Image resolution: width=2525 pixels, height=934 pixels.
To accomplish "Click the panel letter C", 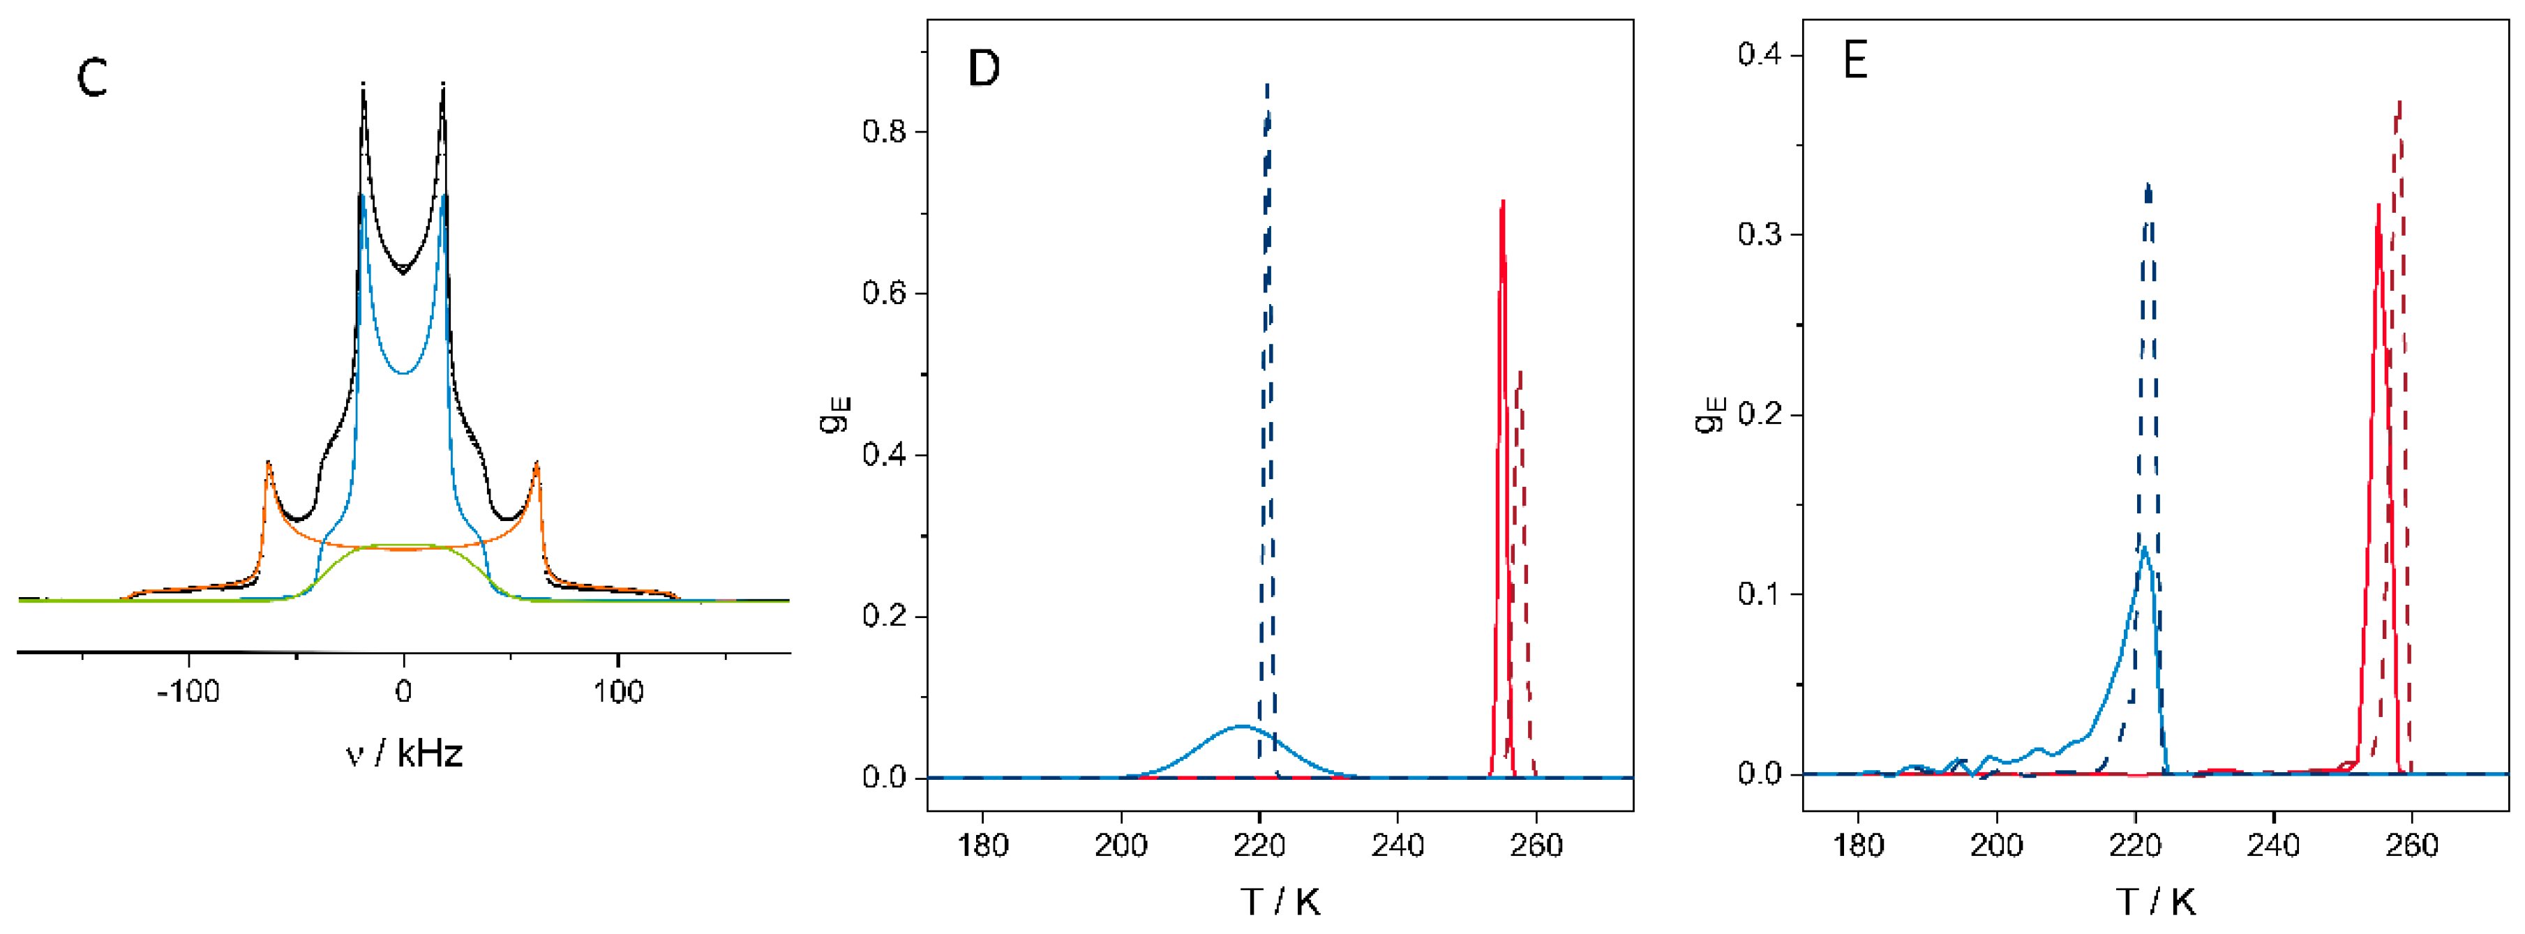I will pos(91,77).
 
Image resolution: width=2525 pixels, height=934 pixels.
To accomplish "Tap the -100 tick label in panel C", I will pos(188,692).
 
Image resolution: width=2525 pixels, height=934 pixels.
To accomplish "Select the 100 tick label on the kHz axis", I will pos(617,692).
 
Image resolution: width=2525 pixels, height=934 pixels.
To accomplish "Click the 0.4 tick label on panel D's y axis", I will pos(884,455).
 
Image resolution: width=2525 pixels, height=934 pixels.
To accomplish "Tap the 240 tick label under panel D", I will pos(1398,844).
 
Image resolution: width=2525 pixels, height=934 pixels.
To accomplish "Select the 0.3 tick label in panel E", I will pos(1760,234).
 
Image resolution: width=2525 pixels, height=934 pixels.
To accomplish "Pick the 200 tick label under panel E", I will pos(1997,844).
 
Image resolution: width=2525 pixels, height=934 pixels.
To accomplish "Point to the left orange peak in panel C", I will pos(268,462).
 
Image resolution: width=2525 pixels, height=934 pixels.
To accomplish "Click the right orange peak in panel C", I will pos(537,462).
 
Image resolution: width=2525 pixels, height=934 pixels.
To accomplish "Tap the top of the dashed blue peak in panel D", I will pos(1268,87).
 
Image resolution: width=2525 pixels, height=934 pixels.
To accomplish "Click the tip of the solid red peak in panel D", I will pos(1503,202).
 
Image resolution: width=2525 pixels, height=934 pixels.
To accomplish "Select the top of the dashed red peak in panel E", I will pos(2399,102).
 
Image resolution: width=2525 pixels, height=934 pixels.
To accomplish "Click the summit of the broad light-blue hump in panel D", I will pos(1242,726).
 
